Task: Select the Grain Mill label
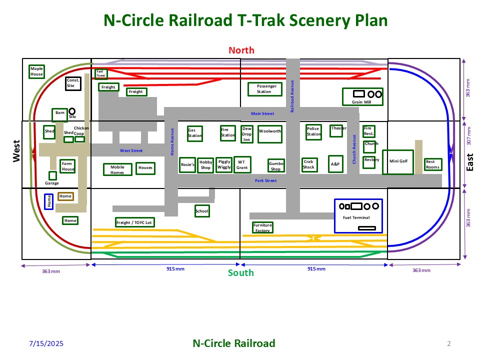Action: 361,102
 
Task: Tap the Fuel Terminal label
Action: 356,217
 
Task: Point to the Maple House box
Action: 36,71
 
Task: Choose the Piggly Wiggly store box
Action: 224,164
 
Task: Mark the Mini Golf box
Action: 398,161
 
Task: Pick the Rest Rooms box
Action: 433,164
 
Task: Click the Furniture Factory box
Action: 262,228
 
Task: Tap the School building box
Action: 202,211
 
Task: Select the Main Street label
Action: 262,114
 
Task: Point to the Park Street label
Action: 265,180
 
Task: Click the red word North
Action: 241,50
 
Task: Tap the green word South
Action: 241,273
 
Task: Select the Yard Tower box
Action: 100,73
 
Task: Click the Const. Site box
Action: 73,83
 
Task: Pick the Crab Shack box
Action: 308,164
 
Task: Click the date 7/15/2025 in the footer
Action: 46,344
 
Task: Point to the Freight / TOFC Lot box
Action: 134,222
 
